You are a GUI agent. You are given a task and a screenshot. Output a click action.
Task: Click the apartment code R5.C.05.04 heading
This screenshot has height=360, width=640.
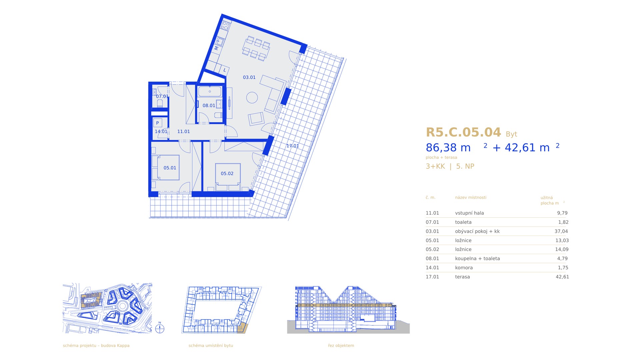[463, 132]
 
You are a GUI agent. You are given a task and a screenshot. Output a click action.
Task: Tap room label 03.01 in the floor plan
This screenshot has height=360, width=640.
[249, 77]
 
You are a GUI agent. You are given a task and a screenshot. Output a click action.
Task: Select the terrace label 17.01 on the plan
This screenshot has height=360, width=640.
[292, 146]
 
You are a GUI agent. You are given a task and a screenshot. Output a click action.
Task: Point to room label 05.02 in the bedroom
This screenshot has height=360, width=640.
[227, 173]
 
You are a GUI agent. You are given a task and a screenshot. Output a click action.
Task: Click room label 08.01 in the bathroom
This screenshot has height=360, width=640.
[209, 105]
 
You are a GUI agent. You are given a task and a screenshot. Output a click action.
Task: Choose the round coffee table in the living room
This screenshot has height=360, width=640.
[252, 98]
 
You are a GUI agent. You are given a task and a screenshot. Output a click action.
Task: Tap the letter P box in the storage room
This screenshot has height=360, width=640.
[157, 123]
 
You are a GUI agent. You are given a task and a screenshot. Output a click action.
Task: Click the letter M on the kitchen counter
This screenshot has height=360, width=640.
[216, 48]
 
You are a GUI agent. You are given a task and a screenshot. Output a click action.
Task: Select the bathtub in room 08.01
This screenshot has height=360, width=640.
[210, 91]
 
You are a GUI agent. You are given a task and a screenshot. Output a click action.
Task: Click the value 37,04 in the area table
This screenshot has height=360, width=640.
[561, 231]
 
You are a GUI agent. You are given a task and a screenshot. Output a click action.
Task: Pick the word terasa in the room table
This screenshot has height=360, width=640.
[462, 277]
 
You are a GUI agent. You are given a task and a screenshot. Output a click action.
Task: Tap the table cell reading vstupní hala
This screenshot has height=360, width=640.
[469, 213]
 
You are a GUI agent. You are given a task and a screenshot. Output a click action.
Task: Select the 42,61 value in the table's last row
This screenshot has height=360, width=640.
[562, 277]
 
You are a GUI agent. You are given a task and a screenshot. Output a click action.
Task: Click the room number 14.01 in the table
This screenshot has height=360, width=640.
[432, 268]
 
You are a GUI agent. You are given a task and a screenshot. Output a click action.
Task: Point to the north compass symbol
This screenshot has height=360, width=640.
[160, 329]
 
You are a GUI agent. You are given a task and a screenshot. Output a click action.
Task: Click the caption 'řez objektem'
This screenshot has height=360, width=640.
[341, 346]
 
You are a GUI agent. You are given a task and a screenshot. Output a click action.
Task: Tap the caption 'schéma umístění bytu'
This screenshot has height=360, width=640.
[211, 346]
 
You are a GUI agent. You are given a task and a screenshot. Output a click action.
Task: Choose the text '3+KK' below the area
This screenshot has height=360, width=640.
[435, 166]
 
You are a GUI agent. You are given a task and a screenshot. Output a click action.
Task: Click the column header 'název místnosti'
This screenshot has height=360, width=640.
[471, 197]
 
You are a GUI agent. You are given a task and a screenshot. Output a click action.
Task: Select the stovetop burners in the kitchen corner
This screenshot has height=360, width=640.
[225, 25]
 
